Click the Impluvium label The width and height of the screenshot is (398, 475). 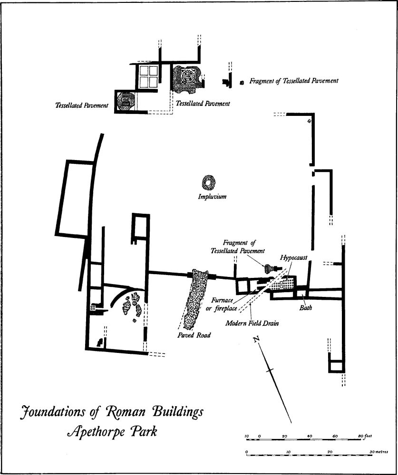(x=212, y=197)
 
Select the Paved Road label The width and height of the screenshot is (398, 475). (x=194, y=335)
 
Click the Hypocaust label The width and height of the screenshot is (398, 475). (x=294, y=257)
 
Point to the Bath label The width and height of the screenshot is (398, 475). (x=305, y=308)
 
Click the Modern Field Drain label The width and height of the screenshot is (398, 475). (x=252, y=323)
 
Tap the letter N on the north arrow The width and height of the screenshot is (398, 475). (x=257, y=340)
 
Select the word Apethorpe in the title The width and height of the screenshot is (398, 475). (x=96, y=431)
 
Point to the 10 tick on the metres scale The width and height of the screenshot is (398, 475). (x=288, y=452)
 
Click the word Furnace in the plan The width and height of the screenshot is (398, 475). (x=222, y=301)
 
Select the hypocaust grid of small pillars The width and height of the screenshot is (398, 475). (x=282, y=284)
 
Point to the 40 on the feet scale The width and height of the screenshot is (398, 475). (x=310, y=436)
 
